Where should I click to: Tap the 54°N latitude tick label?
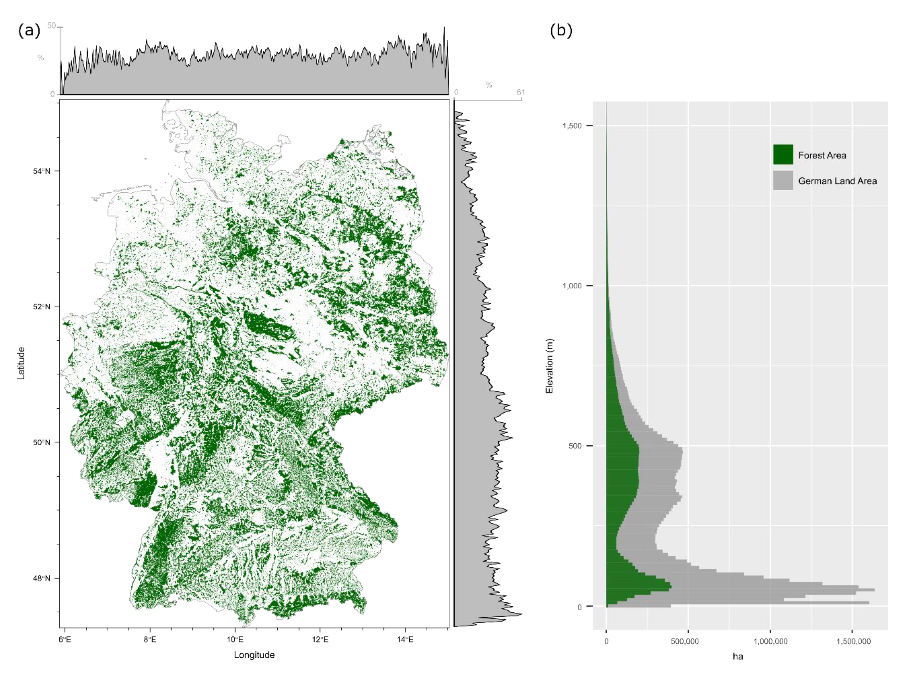[41, 171]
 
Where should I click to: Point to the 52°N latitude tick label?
[41, 307]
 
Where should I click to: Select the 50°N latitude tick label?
[41, 442]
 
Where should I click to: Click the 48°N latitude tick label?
[41, 578]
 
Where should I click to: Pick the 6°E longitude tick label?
[64, 640]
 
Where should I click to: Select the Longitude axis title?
[254, 655]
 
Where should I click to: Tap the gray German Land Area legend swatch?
[783, 181]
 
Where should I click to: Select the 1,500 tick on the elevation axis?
[572, 126]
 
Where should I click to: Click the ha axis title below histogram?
[738, 656]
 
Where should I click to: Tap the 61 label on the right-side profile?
[521, 93]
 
